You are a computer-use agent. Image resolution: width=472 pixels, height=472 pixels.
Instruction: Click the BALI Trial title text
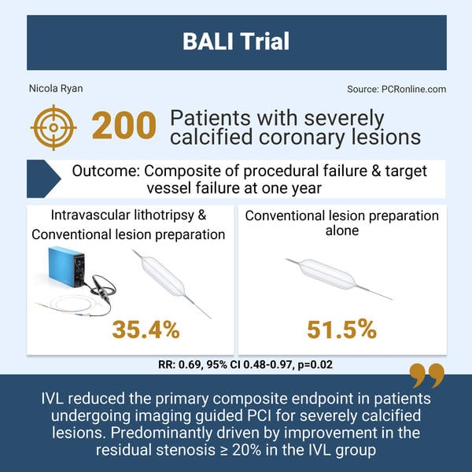pyautogui.click(x=236, y=41)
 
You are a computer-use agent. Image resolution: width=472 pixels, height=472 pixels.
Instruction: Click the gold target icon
pyautogui.click(x=53, y=128)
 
